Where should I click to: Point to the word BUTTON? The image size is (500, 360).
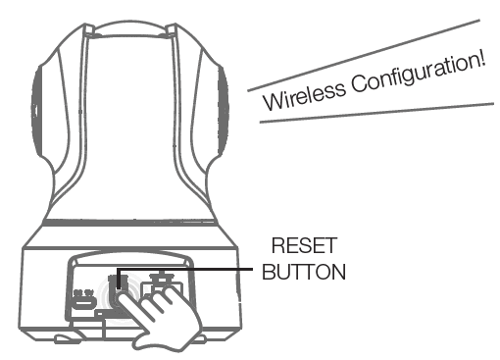tap(304, 272)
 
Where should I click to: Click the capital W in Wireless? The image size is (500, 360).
tap(269, 102)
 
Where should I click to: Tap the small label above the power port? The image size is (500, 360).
tap(82, 292)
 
